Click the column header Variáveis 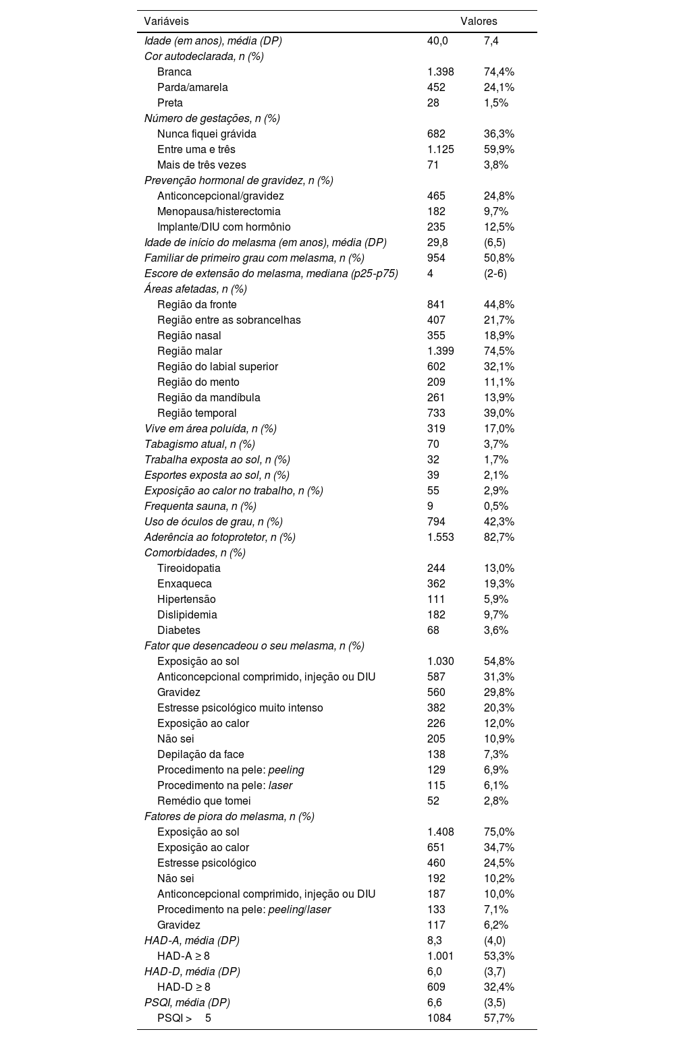pyautogui.click(x=166, y=22)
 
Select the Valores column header pyautogui.click(x=479, y=22)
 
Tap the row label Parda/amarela pyautogui.click(x=192, y=87)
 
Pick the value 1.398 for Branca pyautogui.click(x=440, y=71)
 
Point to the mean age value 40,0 pyautogui.click(x=437, y=40)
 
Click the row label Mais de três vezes pyautogui.click(x=201, y=165)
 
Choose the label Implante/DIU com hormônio pyautogui.click(x=223, y=227)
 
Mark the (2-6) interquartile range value pyautogui.click(x=495, y=273)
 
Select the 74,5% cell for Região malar pyautogui.click(x=499, y=351)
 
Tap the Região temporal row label pyautogui.click(x=196, y=413)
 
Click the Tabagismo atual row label pyautogui.click(x=199, y=444)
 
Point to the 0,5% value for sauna pyautogui.click(x=496, y=506)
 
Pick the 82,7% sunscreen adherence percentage pyautogui.click(x=499, y=537)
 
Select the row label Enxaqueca pyautogui.click(x=184, y=583)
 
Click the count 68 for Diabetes pyautogui.click(x=433, y=630)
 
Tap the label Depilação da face pyautogui.click(x=200, y=754)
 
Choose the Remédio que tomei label pyautogui.click(x=204, y=801)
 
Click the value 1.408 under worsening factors pyautogui.click(x=440, y=832)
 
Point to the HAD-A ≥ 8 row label pyautogui.click(x=184, y=956)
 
